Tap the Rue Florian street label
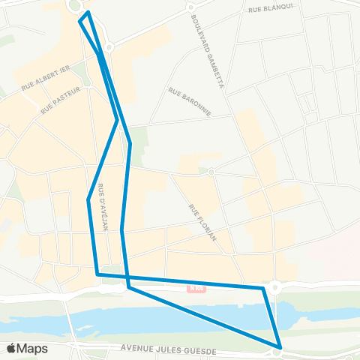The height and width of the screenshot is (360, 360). (202, 223)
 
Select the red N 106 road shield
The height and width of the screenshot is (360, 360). (197, 286)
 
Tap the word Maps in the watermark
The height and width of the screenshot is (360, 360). (33, 348)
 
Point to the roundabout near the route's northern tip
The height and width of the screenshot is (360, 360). (74, 6)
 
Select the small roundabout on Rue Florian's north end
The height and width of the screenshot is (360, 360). (212, 172)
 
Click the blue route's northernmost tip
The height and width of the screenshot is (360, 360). (88, 13)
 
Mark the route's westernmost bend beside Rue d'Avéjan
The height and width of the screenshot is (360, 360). (89, 199)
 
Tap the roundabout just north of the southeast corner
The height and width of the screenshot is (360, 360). (275, 286)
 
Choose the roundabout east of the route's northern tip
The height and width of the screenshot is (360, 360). (109, 47)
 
